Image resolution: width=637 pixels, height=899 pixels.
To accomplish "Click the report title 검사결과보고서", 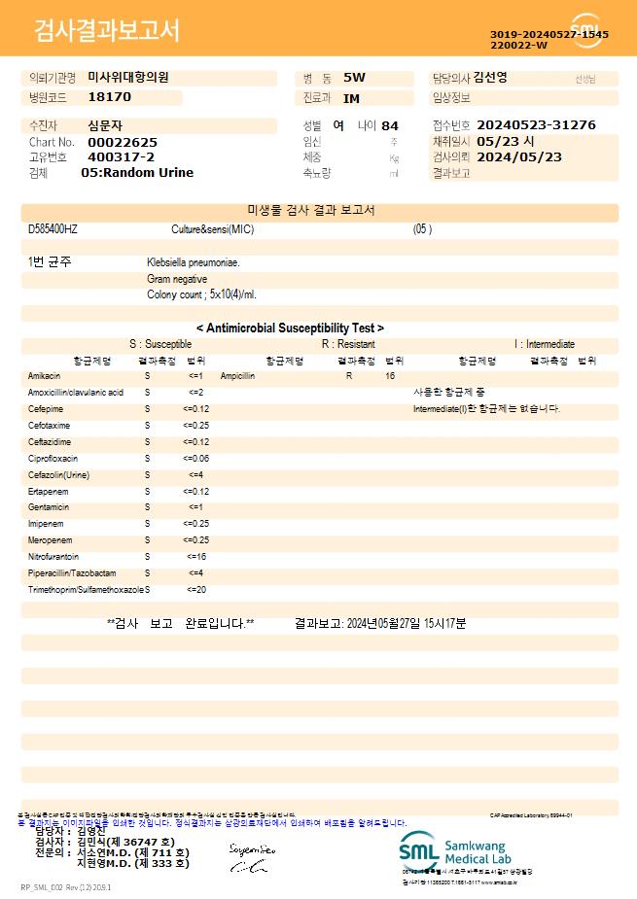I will tap(107, 31).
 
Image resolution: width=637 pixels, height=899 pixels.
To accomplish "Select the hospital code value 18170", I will tap(109, 97).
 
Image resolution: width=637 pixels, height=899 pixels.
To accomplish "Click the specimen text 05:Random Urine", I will tap(137, 173).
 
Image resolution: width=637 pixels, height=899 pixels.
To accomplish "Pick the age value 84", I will tap(390, 125).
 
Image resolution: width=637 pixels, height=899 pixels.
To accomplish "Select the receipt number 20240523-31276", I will tap(537, 125).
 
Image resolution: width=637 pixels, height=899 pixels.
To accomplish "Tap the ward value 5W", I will tap(354, 78).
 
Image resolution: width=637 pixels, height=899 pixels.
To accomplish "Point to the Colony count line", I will tap(201, 294).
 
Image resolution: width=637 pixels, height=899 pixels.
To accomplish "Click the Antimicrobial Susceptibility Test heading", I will tap(290, 328).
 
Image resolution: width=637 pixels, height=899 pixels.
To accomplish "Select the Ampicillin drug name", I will tap(237, 375).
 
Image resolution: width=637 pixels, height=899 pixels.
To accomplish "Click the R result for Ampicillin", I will tap(349, 375).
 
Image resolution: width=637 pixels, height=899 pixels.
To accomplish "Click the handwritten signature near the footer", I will tap(253, 858).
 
